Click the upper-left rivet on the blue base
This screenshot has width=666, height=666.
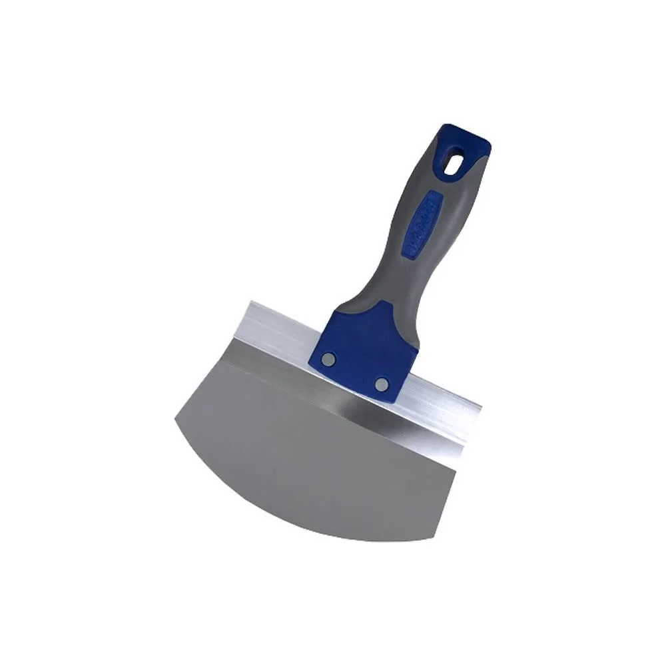coord(327,359)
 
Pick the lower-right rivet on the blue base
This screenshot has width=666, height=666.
coord(381,384)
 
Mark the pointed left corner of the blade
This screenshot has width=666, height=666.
coord(175,418)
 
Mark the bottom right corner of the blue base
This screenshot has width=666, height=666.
coord(398,402)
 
